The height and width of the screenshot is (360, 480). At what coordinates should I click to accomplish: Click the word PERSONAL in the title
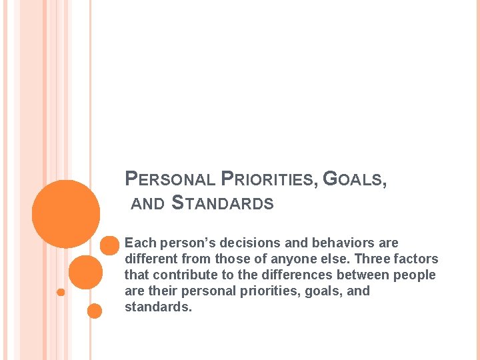tap(171, 179)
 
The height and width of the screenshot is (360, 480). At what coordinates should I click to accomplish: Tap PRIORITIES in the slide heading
tap(269, 179)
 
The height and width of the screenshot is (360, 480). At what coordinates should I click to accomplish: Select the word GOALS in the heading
tap(354, 179)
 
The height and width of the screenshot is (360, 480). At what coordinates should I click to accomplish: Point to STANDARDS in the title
tap(223, 203)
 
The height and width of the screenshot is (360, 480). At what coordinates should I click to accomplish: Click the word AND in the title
tap(147, 205)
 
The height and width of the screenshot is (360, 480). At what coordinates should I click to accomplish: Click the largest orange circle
tap(66, 213)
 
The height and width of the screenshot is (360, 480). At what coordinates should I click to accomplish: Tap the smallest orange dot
tap(61, 292)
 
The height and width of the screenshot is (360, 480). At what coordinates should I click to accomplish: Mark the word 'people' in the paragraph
tap(417, 275)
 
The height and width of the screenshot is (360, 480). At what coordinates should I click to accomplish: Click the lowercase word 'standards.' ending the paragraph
tap(158, 307)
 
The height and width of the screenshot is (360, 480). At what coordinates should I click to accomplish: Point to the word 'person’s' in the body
tap(182, 243)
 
